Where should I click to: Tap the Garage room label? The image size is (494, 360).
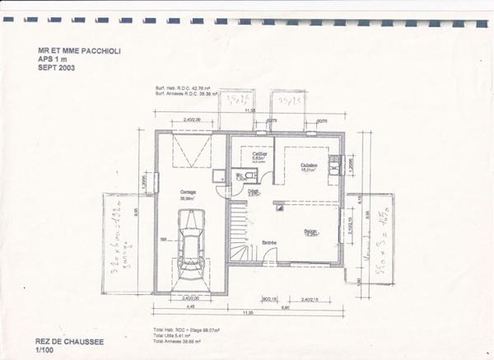click(189, 193)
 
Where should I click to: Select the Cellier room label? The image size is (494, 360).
click(259, 154)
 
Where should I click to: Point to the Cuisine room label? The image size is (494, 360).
click(309, 165)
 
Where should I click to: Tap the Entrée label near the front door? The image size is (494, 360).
click(269, 242)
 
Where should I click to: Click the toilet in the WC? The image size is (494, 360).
click(248, 175)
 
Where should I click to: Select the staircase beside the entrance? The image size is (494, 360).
click(239, 233)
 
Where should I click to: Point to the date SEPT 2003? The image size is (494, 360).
click(57, 67)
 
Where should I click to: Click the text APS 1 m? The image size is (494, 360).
click(53, 58)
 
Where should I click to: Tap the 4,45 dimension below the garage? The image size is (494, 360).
click(190, 307)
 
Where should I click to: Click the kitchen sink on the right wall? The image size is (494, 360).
click(333, 165)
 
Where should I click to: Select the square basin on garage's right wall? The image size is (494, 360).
click(218, 175)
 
